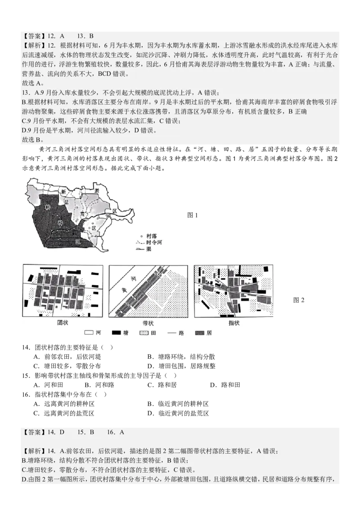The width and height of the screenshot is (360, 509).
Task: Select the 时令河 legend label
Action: [x=150, y=242]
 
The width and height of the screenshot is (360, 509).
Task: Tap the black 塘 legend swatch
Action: [x=117, y=333]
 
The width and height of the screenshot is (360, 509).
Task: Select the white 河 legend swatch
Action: [x=88, y=333]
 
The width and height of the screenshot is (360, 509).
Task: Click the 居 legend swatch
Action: [x=200, y=333]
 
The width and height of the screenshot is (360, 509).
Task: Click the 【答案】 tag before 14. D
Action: [x=34, y=432]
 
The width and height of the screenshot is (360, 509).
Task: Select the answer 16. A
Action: [x=116, y=432]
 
